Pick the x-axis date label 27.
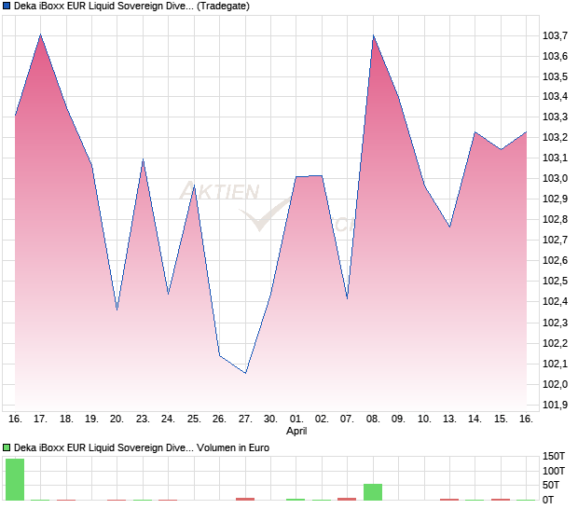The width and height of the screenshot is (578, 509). pos(244,419)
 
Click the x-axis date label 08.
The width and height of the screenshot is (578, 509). pos(373,419)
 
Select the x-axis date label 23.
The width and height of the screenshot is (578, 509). pos(143,419)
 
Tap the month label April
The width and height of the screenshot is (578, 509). pos(296,432)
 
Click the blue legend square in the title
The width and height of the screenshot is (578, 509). pos(7,7)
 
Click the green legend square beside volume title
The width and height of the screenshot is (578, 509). pos(7,448)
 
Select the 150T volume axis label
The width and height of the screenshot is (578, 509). pos(554,457)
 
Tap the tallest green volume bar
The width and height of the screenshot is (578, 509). pos(15,479)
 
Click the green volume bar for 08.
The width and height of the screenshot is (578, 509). pos(373,492)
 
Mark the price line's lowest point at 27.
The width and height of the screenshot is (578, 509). pos(245,373)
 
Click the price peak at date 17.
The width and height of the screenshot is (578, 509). pos(40,34)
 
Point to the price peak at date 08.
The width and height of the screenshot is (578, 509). pos(373,35)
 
